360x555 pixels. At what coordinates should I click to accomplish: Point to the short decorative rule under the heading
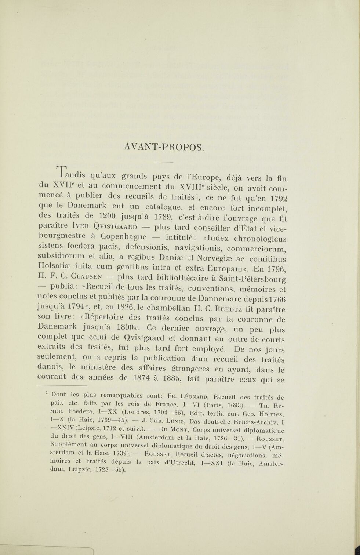click(163, 162)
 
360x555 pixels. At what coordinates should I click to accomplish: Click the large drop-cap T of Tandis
click(62, 175)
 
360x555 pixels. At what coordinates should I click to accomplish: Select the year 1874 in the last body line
click(142, 378)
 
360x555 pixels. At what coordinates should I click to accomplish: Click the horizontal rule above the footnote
click(63, 386)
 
